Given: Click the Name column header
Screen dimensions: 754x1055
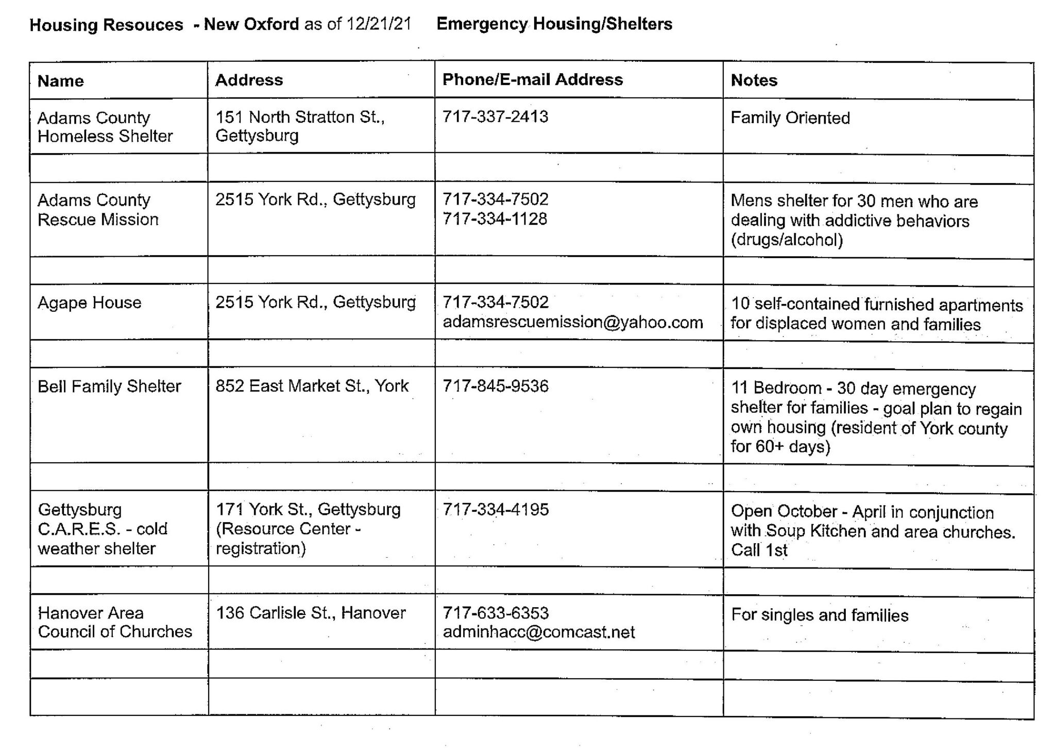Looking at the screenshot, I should [60, 81].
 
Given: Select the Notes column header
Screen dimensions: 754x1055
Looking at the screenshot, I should [754, 80].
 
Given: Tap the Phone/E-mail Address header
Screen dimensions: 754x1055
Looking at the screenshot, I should [532, 79].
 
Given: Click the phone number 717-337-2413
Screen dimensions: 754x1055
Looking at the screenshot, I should [495, 116].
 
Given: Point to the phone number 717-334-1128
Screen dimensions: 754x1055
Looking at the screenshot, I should [495, 219].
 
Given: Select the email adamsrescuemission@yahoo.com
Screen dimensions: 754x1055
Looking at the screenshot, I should [572, 322].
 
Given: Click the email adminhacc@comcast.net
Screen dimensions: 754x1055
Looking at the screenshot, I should [538, 632].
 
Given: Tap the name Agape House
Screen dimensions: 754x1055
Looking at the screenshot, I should [89, 303].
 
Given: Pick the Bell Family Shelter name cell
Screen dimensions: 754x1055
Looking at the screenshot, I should [109, 387].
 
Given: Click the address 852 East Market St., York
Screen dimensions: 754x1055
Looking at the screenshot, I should [312, 386].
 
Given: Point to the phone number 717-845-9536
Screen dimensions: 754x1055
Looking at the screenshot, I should [496, 386].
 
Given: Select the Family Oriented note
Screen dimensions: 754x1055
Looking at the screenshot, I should [790, 118].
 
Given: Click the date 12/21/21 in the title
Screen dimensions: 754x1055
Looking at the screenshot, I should [379, 24].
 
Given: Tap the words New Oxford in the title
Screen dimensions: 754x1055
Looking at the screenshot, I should [251, 24].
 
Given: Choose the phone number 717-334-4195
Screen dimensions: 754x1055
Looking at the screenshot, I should [496, 510].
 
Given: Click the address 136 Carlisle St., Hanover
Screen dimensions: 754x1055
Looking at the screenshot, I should [311, 613].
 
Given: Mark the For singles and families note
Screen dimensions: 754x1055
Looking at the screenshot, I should [820, 615].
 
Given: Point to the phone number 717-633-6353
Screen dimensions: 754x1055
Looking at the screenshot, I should [496, 613].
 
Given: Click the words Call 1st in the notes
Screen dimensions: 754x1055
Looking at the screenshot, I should [759, 550].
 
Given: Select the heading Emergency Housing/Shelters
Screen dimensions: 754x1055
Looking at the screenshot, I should [554, 24].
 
